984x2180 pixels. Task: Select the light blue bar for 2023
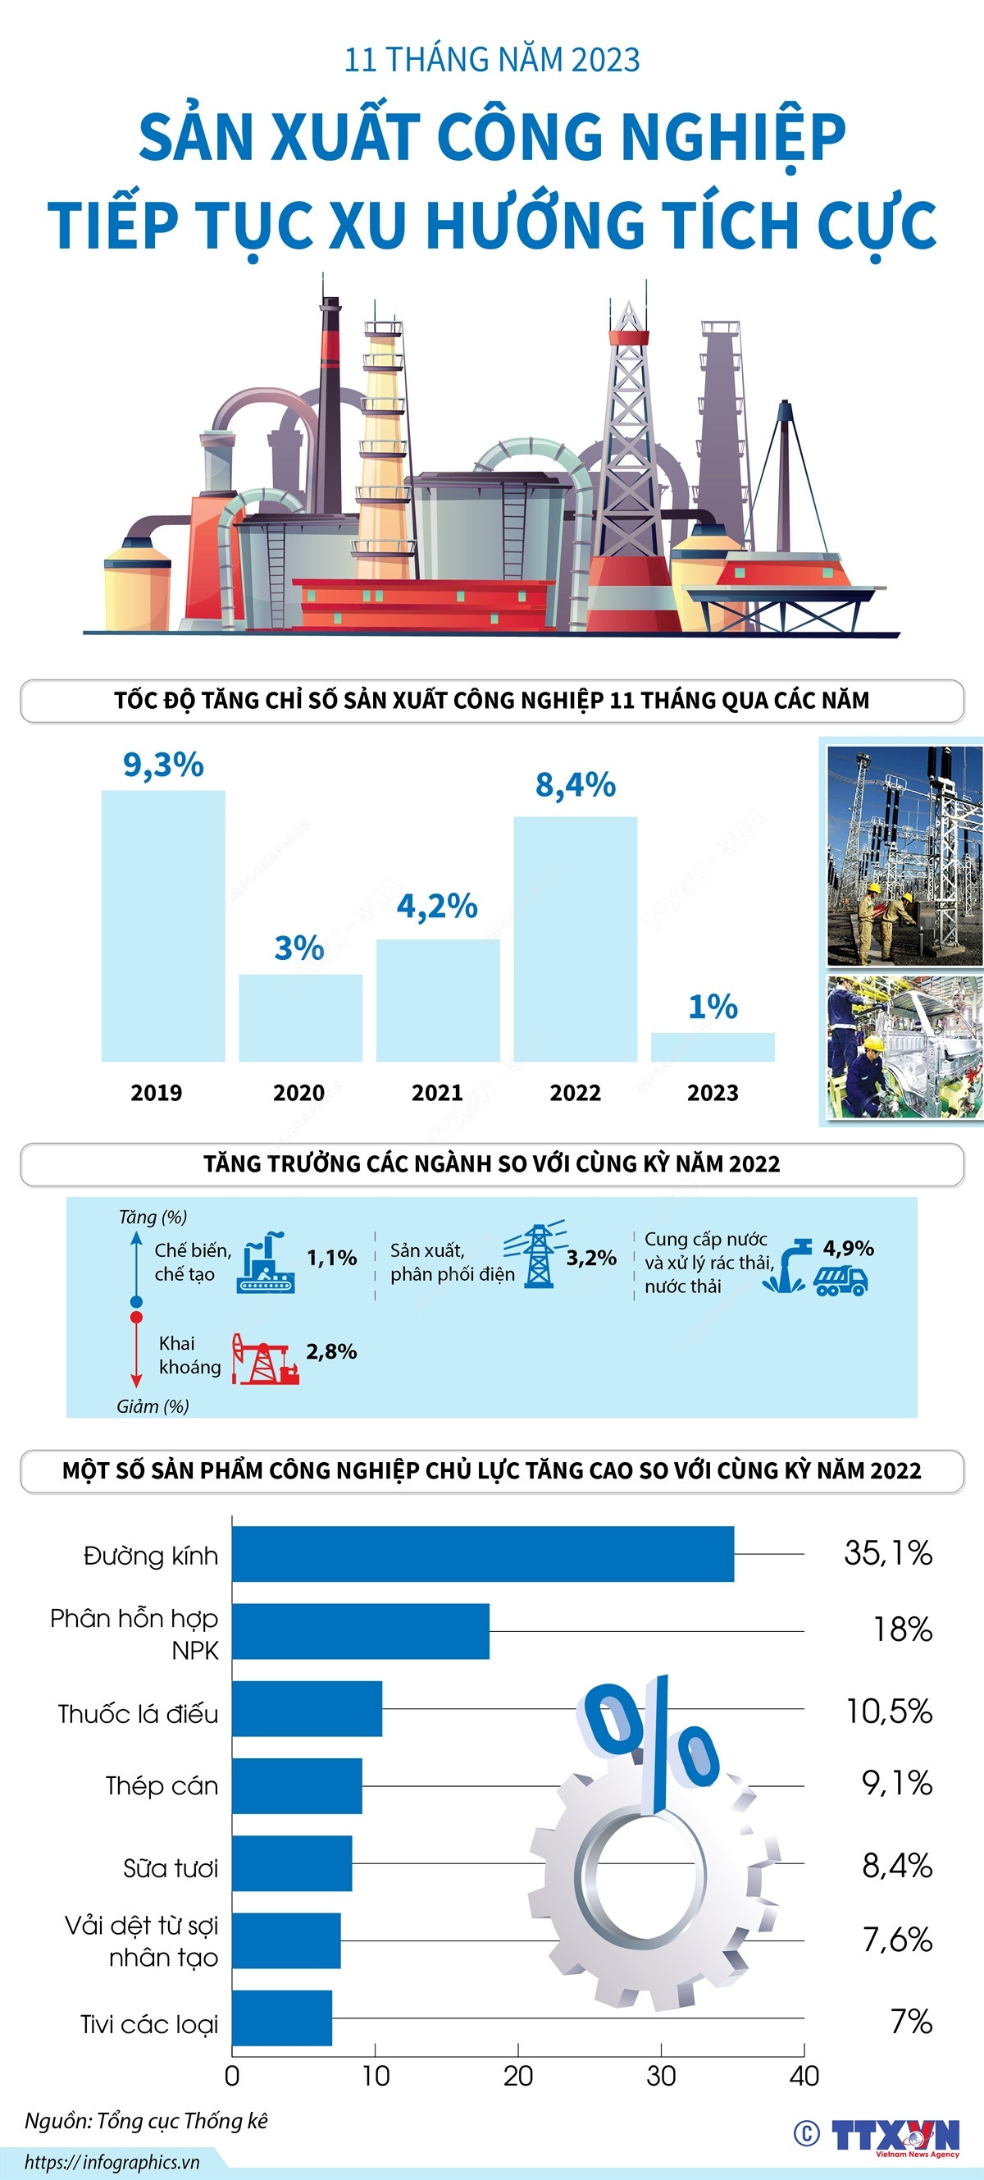(x=713, y=1047)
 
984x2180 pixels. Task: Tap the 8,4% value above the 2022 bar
(x=576, y=785)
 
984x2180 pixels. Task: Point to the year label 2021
(x=436, y=1093)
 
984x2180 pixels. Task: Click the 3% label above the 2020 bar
(x=299, y=948)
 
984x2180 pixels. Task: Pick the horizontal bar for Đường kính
(x=482, y=1554)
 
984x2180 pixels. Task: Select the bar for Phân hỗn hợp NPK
(x=361, y=1631)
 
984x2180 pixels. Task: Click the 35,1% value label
(x=887, y=1553)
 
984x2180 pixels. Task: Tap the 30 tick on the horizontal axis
(x=661, y=2076)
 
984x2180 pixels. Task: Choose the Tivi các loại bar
(x=282, y=2018)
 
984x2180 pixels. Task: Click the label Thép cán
(x=162, y=1785)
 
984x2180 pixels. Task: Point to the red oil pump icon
(x=265, y=1359)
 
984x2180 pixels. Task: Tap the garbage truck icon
(x=841, y=1281)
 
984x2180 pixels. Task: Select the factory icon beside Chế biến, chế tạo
(x=266, y=1263)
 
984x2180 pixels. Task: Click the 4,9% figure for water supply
(x=848, y=1247)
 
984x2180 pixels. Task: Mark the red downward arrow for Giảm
(x=136, y=1352)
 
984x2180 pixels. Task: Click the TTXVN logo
(x=895, y=2135)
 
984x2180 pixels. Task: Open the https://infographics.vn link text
(x=112, y=2162)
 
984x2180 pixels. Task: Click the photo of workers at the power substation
(x=904, y=855)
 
